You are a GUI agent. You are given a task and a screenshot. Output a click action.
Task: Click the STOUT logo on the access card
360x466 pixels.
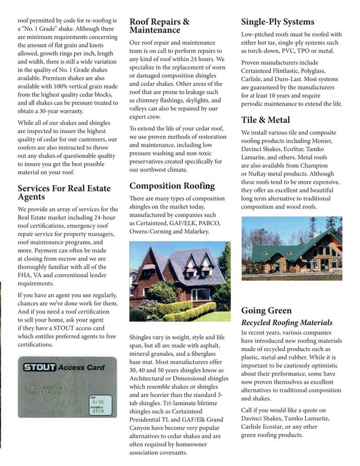coord(39,367)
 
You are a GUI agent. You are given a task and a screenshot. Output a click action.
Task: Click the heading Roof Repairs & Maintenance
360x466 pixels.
coord(159,26)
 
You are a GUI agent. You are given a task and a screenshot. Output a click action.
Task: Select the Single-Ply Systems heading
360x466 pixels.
coord(278,22)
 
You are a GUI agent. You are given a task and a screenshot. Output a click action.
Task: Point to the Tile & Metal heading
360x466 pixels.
coord(265,120)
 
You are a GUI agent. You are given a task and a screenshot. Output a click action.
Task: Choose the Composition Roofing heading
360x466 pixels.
coord(172,186)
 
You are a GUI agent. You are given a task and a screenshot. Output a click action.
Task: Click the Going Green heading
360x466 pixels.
coord(266,310)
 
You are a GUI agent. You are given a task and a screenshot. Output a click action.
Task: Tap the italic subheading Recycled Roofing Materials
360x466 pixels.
coord(287,323)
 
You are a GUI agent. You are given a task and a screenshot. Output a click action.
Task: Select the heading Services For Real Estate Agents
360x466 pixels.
coord(64,192)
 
